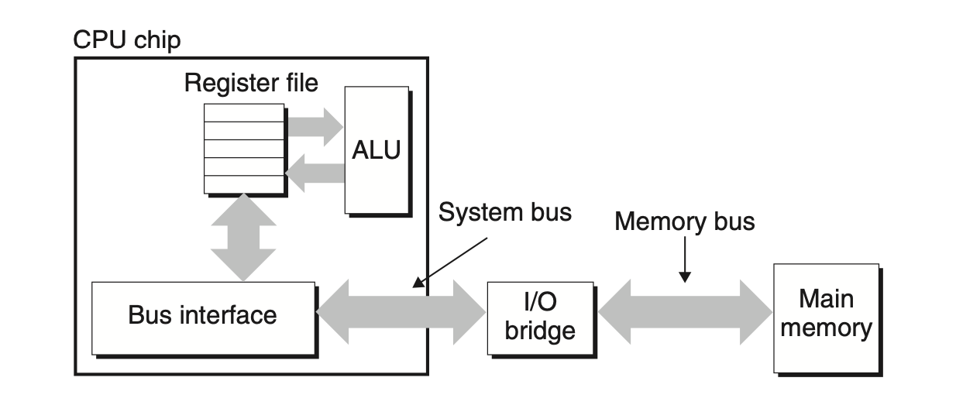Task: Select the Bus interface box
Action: pyautogui.click(x=203, y=316)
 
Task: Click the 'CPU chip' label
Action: pyautogui.click(x=127, y=39)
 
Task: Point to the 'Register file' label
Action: pyautogui.click(x=251, y=83)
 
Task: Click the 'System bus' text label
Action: pyautogui.click(x=504, y=212)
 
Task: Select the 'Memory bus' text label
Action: pyautogui.click(x=684, y=221)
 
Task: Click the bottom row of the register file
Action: pyautogui.click(x=244, y=185)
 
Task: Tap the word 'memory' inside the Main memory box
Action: pyautogui.click(x=826, y=328)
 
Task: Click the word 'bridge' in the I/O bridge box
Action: pyautogui.click(x=540, y=331)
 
